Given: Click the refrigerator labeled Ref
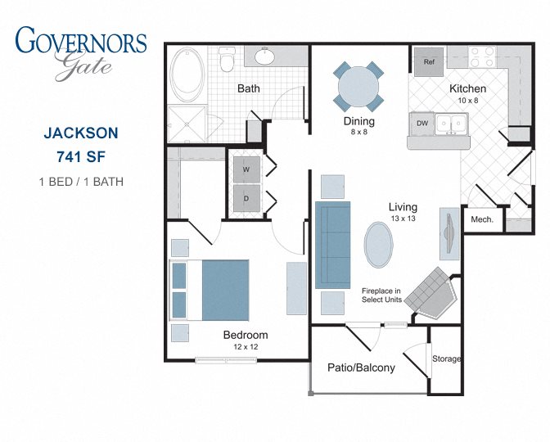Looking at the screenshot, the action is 429,62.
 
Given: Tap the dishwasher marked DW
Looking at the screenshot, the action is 422,124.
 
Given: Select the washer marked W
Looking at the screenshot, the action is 246,169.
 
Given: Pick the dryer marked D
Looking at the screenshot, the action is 246,199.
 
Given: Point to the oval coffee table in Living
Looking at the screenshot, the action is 378,245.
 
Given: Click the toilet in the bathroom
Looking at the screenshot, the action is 227,60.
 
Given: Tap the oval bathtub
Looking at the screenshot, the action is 187,74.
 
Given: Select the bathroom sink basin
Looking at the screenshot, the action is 265,56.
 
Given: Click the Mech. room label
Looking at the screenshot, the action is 482,219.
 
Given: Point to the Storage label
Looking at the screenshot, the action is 447,359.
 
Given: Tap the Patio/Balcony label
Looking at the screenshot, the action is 361,368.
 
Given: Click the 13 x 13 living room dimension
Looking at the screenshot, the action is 403,219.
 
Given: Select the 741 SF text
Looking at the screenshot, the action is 81,157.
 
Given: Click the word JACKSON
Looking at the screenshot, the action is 81,133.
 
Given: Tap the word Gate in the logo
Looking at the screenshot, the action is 83,65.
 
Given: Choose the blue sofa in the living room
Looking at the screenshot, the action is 332,245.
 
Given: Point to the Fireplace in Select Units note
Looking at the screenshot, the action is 381,295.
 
